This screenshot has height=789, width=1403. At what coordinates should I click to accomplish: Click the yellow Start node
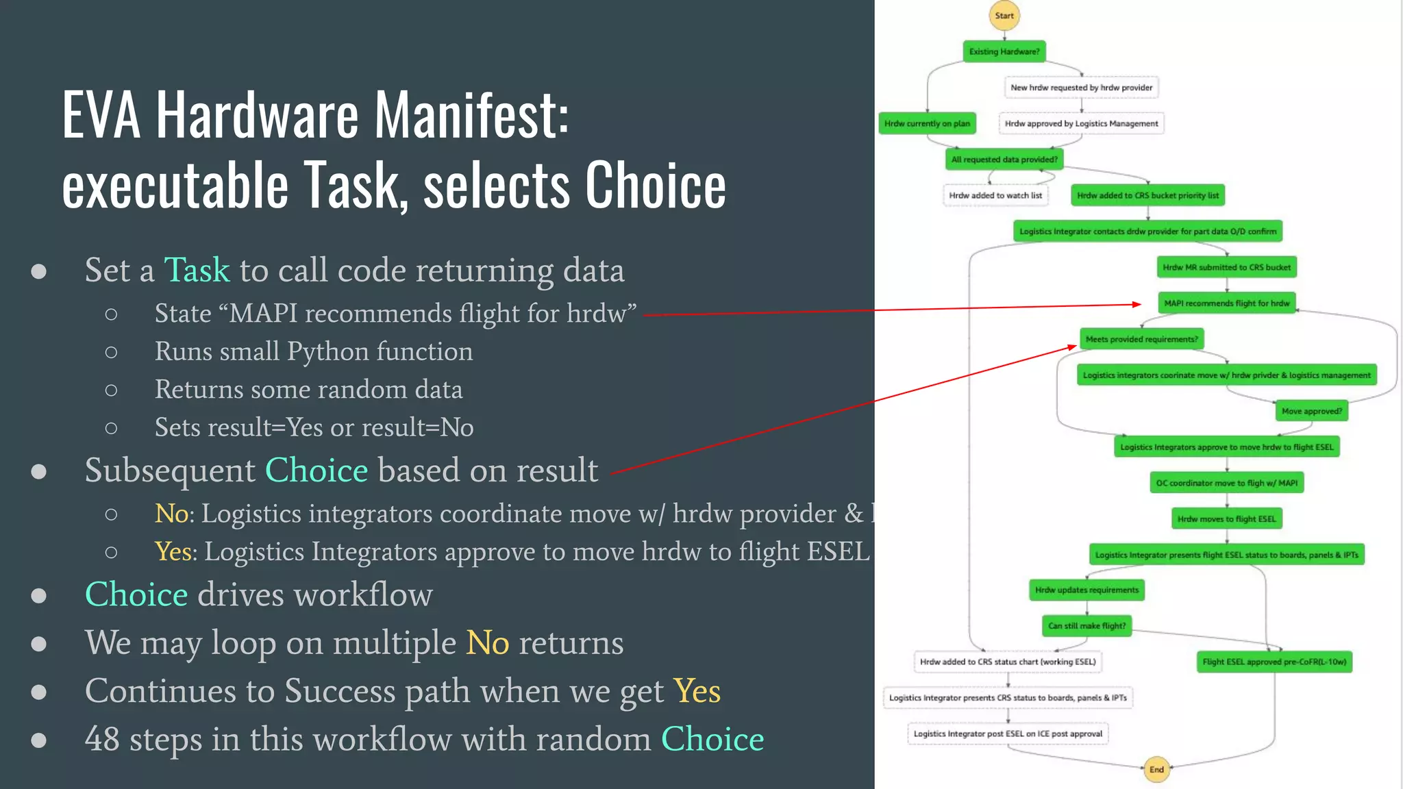(1004, 16)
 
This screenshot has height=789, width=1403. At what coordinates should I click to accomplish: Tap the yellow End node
(1156, 769)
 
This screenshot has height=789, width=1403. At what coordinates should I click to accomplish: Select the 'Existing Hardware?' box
(1004, 51)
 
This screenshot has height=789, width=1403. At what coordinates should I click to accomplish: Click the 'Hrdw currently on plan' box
(927, 123)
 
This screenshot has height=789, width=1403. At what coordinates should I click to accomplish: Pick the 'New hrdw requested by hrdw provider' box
(1081, 88)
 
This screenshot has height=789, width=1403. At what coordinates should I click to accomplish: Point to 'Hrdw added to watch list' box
(995, 195)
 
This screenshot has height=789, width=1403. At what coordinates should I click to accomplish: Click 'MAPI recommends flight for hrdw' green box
(1226, 303)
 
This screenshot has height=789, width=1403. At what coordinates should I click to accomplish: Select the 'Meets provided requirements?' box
(1141, 339)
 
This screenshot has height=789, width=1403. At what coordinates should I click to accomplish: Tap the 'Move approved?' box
(1311, 411)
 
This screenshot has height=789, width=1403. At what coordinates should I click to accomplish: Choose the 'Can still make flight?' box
(1087, 625)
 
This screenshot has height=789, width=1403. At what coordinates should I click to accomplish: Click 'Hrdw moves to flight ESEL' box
(1226, 518)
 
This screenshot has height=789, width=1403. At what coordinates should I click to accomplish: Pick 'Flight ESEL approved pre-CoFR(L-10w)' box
(1274, 662)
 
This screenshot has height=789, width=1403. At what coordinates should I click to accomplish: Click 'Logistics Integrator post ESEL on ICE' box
(1008, 734)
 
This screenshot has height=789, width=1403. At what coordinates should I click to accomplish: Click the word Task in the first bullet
(197, 270)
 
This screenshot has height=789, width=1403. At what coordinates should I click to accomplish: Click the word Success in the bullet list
(340, 690)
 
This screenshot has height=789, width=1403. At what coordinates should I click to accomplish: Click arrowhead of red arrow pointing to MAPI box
(1137, 304)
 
